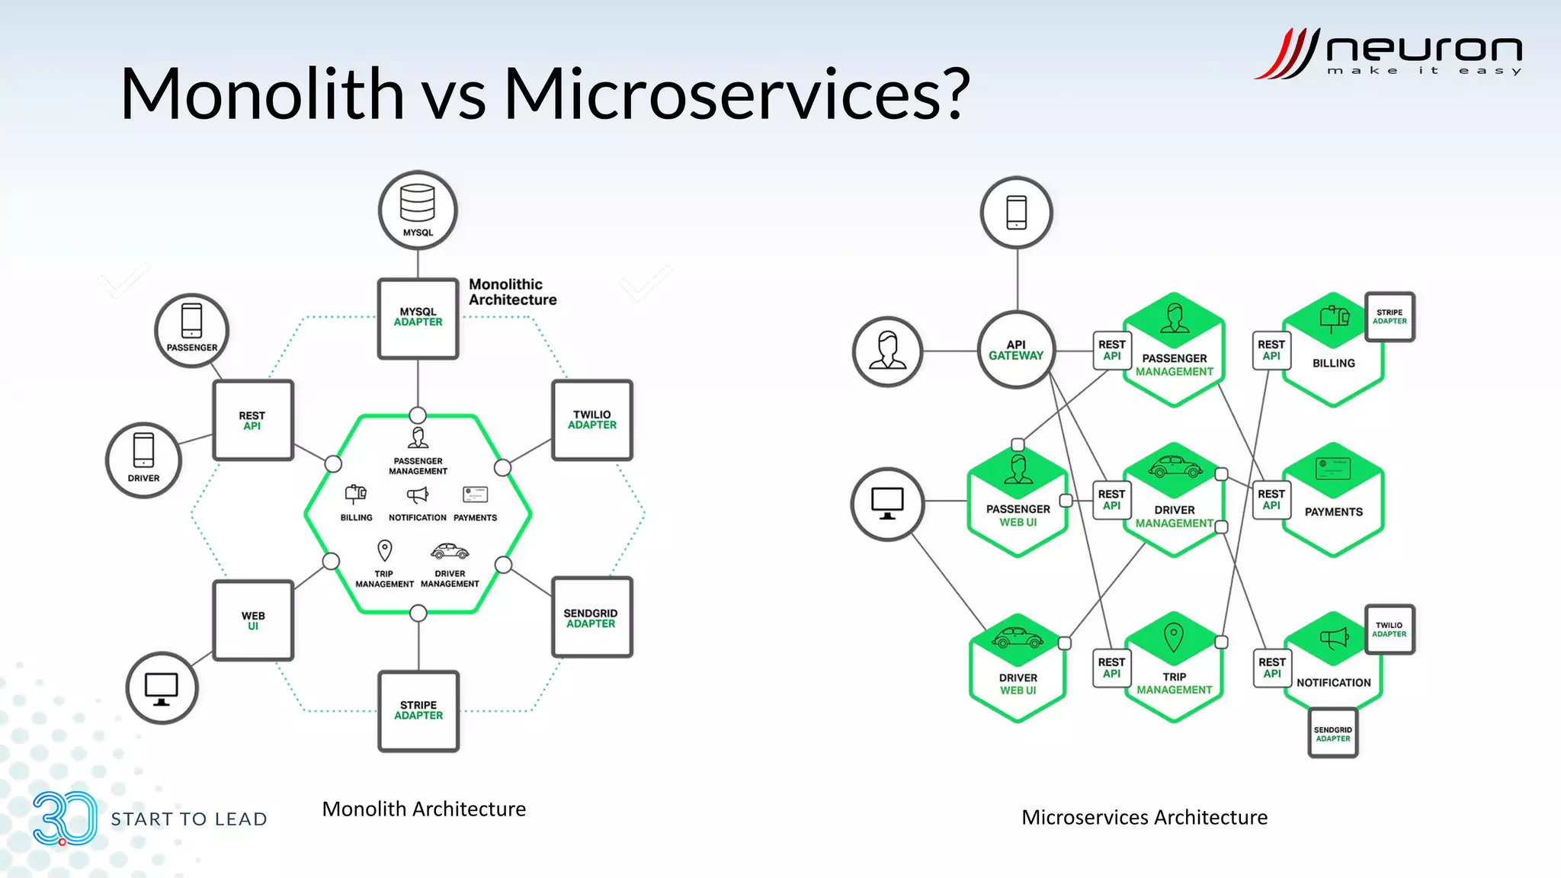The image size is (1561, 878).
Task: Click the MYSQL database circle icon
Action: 418,210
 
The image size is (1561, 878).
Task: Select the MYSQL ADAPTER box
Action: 418,318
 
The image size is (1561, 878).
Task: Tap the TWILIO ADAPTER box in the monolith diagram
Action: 592,420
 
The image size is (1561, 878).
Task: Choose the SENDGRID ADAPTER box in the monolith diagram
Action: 591,617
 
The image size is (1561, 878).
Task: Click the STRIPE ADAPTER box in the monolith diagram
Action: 418,710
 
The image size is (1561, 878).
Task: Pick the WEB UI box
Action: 253,620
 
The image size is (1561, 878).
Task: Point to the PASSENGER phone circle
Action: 192,331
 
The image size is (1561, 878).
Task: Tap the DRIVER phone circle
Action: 143,460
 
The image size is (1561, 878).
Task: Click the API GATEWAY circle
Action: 1016,350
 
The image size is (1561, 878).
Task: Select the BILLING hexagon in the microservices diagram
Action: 1333,352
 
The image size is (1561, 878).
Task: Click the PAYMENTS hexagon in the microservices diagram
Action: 1333,501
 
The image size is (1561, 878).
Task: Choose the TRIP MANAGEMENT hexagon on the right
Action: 1174,668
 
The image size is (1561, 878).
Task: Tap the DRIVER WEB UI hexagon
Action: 1018,670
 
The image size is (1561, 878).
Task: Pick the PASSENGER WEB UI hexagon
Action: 1018,502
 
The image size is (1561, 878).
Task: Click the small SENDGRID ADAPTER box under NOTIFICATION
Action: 1332,733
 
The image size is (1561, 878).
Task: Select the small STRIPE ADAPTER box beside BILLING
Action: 1390,316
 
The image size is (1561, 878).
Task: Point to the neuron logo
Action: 1388,53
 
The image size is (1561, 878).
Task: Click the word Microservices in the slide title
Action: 736,95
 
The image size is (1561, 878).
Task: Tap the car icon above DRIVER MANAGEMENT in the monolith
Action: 450,551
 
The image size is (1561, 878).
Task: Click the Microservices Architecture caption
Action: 1144,817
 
